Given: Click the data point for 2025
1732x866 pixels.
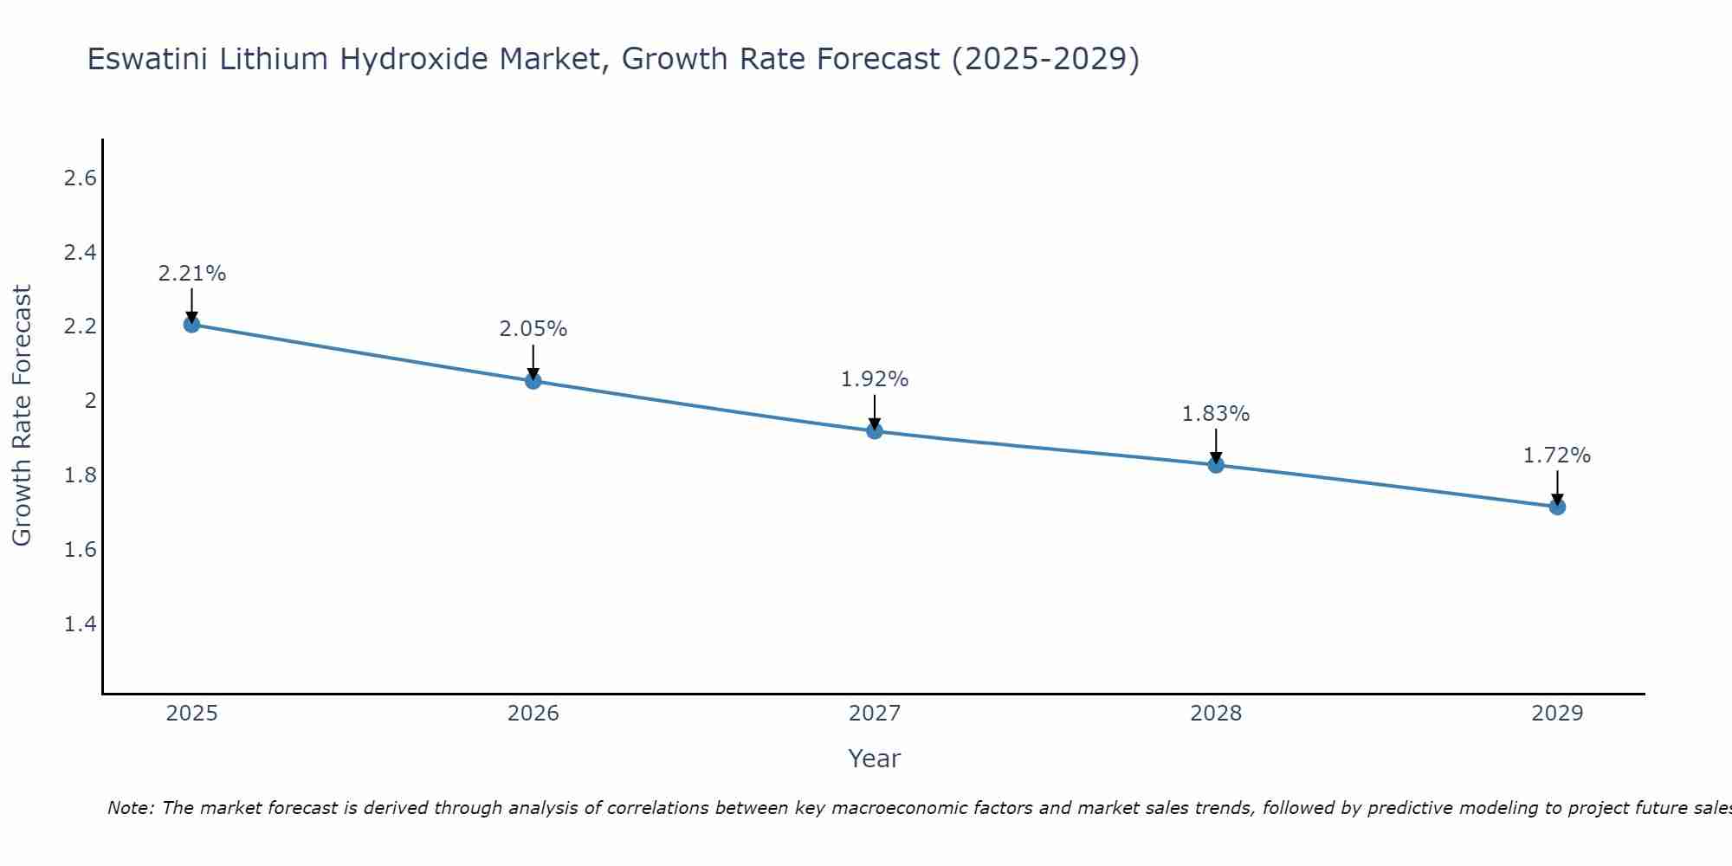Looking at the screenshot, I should [192, 325].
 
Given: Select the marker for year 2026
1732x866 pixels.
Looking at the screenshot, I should [533, 381].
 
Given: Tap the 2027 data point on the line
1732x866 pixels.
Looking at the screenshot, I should [875, 430].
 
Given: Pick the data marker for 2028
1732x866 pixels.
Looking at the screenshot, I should [1216, 465].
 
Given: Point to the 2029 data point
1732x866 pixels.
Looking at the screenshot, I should [1557, 507].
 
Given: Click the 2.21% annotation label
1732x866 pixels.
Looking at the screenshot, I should [192, 274].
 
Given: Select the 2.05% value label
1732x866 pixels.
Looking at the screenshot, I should [533, 329].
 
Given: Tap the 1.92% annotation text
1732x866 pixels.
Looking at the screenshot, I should [875, 379].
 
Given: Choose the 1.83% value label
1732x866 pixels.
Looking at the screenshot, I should [1216, 414].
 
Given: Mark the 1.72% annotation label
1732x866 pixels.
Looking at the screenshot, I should [1557, 456].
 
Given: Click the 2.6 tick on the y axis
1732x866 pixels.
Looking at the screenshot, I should [81, 178].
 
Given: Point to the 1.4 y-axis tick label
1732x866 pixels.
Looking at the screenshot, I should [81, 624].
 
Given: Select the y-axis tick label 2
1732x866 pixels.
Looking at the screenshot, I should [89, 401].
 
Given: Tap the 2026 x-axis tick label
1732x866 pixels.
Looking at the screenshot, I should [533, 714].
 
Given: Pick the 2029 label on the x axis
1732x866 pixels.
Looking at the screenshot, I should [1557, 714].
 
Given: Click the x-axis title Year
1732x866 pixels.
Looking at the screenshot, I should [875, 759].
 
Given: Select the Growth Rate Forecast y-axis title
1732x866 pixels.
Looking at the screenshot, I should [22, 416].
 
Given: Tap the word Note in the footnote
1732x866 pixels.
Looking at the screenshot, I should [129, 808].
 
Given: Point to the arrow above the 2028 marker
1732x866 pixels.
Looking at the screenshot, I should [1216, 446].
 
